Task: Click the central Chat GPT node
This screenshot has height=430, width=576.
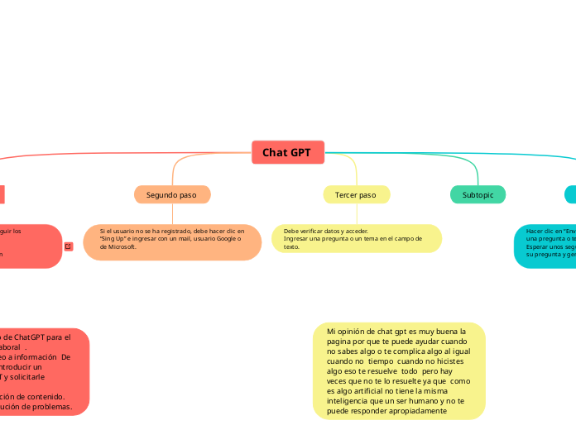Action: pos(287,152)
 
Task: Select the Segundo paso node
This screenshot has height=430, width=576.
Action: pos(172,194)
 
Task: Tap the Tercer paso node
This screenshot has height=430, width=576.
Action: pos(356,194)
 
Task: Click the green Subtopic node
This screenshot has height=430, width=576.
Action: pos(478,194)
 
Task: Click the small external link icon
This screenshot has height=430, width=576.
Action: pos(69,246)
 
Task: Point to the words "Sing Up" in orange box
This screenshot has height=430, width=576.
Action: pos(111,239)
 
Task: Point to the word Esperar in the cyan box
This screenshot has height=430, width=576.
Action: pos(538,246)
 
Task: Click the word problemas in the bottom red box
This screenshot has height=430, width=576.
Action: pos(53,406)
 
